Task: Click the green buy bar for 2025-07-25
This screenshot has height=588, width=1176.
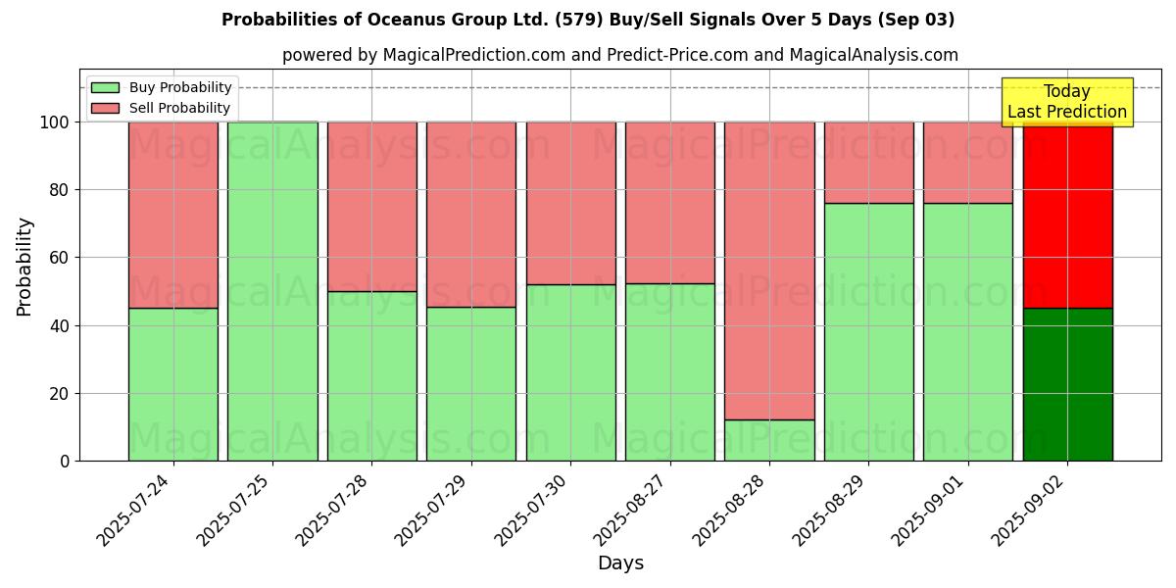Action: [x=272, y=291]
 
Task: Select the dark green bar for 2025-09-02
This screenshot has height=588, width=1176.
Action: [x=1067, y=384]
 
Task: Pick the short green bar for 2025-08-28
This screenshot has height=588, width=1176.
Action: [x=769, y=440]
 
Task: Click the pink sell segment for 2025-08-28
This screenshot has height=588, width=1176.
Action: [x=769, y=270]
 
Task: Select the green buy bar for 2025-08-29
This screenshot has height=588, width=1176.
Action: [x=868, y=331]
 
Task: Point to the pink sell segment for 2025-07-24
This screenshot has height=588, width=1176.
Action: [x=173, y=215]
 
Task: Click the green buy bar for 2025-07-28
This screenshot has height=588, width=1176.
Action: [x=371, y=375]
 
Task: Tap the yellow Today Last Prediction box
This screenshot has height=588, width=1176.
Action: [x=1066, y=102]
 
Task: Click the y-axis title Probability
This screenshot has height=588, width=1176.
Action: [x=24, y=266]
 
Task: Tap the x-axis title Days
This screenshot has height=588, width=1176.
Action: [x=620, y=563]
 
